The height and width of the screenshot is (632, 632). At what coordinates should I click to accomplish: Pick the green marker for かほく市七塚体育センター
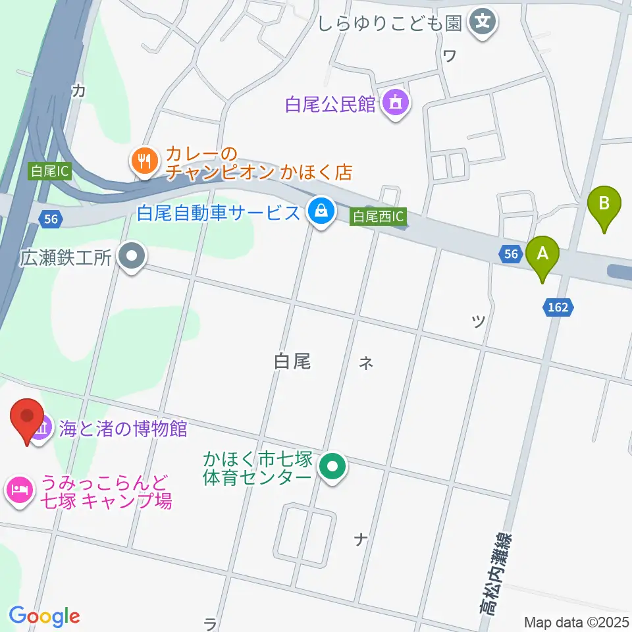pyautogui.click(x=333, y=468)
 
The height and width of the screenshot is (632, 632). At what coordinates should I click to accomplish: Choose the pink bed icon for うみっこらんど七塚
pyautogui.click(x=18, y=490)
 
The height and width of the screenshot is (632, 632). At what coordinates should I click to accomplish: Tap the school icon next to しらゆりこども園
pyautogui.click(x=484, y=22)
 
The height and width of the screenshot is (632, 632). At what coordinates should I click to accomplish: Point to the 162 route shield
pyautogui.click(x=557, y=306)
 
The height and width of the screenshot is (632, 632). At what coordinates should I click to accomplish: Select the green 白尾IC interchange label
pyautogui.click(x=49, y=172)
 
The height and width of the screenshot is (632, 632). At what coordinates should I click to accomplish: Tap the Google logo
pyautogui.click(x=44, y=616)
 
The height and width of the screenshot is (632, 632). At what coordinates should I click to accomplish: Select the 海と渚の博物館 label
pyautogui.click(x=122, y=430)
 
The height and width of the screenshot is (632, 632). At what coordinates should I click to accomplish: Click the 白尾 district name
pyautogui.click(x=292, y=361)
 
